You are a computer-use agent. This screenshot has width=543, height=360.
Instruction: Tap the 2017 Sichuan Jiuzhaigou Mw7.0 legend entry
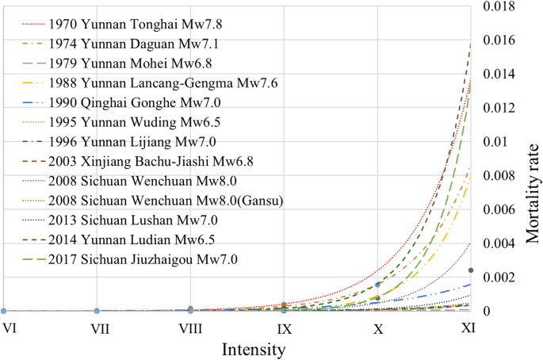click(x=138, y=259)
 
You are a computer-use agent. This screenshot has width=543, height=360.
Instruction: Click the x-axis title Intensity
click(x=254, y=348)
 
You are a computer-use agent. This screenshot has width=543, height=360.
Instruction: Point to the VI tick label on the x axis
click(x=9, y=327)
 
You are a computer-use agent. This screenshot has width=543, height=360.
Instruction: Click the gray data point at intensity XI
click(x=471, y=270)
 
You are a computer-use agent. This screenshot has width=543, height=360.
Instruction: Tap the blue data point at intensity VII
click(x=97, y=311)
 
